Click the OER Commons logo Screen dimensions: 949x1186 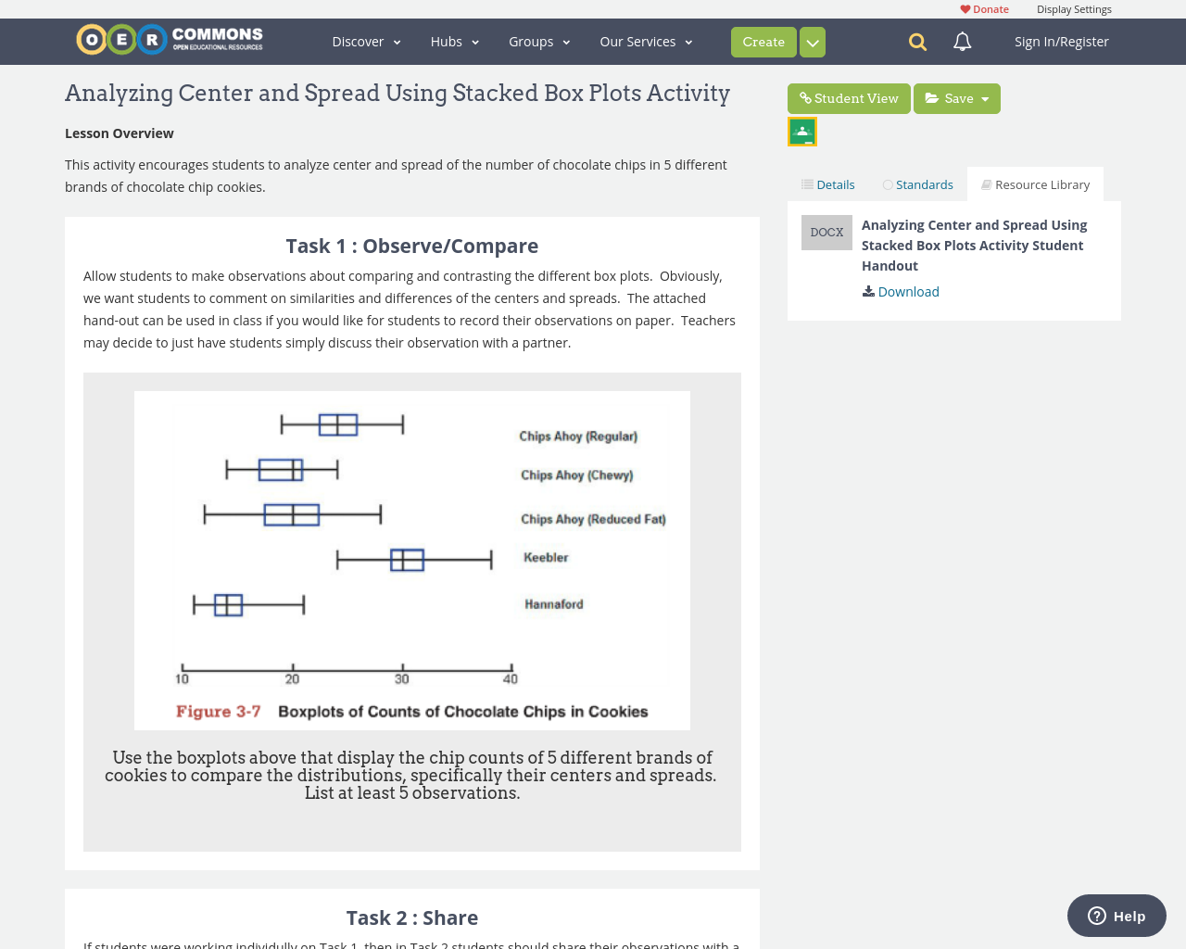pos(170,40)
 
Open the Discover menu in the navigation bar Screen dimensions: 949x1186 pos(366,42)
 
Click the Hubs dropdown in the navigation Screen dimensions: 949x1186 pos(454,42)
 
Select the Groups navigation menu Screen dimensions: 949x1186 pos(539,42)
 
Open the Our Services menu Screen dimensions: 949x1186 pos(646,42)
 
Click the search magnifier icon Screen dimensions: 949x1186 pos(917,42)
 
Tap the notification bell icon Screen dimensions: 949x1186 pos(963,42)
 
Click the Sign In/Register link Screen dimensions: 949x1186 pos(1061,42)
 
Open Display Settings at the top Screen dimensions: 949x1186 pos(1074,9)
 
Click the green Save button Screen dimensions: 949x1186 pos(956,98)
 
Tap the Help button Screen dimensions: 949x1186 pos(1117,916)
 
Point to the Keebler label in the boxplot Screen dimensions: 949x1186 pos(546,558)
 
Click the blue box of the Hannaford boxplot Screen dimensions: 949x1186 pos(228,605)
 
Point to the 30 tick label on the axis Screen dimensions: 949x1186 pos(401,679)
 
